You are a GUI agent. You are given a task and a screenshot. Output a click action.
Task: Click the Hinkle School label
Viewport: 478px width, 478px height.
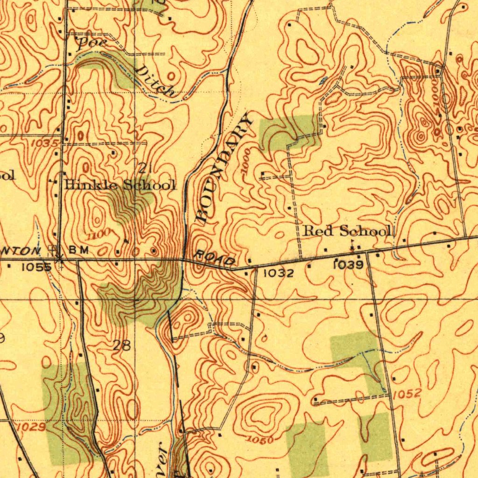(120, 185)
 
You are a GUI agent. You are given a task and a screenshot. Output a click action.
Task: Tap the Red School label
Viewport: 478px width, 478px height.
(347, 231)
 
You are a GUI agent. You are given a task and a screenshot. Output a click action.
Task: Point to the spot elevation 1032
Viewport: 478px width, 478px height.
(279, 273)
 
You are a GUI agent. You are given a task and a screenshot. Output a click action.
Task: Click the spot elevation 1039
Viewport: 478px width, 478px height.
(348, 265)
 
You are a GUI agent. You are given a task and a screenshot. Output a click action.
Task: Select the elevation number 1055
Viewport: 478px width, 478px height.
(36, 267)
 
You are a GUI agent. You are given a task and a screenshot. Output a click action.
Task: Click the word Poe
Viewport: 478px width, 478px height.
(91, 44)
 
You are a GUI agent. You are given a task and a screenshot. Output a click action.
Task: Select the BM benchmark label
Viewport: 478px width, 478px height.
(78, 250)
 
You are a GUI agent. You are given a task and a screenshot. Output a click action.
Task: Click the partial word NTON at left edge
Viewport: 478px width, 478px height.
(26, 251)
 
